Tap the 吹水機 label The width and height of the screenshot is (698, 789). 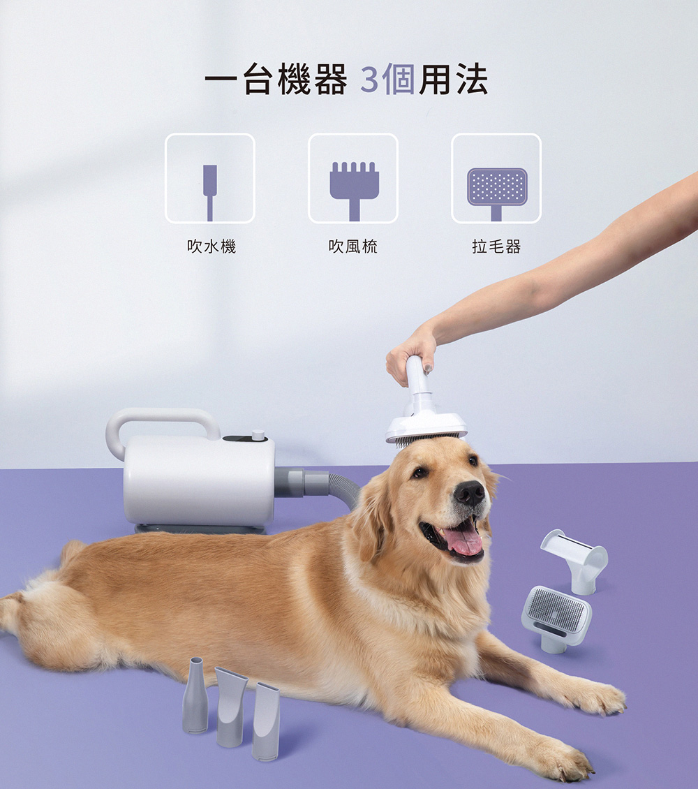(211, 246)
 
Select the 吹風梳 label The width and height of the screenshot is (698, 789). (353, 246)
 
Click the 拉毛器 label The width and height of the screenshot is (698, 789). (496, 246)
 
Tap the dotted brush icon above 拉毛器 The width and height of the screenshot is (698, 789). (496, 186)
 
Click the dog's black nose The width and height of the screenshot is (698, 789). (470, 493)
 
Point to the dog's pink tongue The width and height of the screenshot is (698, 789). (463, 540)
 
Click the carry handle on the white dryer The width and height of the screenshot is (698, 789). (162, 418)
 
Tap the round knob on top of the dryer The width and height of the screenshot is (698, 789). (258, 435)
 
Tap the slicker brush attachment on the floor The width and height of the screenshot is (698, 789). (556, 616)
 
